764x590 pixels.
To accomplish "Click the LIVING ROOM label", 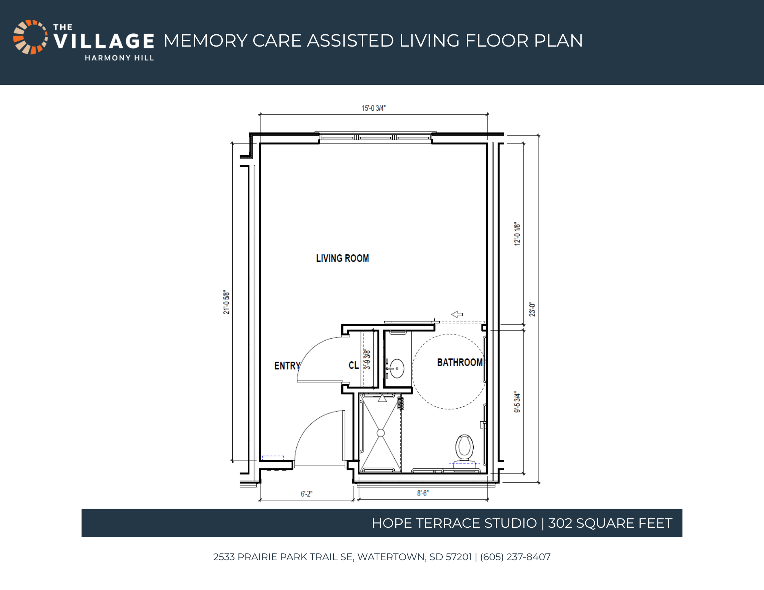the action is click(343, 259).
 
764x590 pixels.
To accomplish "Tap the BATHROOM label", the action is click(460, 362).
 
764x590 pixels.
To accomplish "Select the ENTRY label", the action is click(287, 366).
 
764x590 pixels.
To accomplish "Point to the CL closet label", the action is click(353, 365).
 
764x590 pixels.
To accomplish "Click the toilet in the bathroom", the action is click(465, 448).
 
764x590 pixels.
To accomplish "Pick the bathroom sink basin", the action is click(397, 369).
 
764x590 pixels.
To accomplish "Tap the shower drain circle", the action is click(380, 433).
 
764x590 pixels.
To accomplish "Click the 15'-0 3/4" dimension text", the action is click(374, 108).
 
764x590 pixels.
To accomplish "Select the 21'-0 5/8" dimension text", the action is click(227, 302).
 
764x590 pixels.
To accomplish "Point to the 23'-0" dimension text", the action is click(532, 309).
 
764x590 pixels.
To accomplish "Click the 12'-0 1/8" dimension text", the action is click(517, 234).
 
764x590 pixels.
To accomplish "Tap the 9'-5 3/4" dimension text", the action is click(517, 402).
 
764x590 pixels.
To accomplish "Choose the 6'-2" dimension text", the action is click(306, 494).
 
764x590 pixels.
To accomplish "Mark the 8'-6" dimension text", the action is click(423, 493).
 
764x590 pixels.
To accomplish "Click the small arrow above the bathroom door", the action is click(457, 314).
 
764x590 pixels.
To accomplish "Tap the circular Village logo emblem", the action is click(31, 37).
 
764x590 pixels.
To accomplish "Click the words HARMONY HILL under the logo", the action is click(119, 58).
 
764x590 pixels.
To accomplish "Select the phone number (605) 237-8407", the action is click(515, 557).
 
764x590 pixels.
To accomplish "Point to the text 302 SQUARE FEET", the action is click(610, 523).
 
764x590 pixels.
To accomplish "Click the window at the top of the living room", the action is click(376, 137).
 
